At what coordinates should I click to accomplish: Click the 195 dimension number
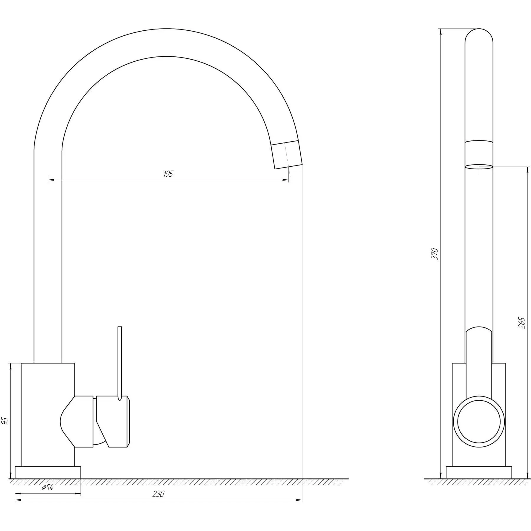168,174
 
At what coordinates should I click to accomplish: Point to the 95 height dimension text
5,421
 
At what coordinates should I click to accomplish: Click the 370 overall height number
435,254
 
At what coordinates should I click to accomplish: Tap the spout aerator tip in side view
287,155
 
